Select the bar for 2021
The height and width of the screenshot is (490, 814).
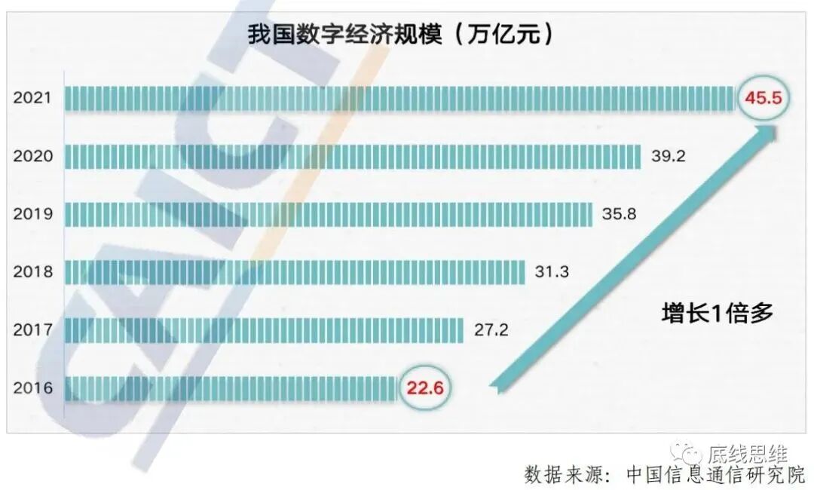point(399,98)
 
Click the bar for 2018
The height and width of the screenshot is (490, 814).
point(295,271)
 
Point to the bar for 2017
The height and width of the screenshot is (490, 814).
point(264,329)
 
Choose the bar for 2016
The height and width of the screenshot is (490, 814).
point(231,387)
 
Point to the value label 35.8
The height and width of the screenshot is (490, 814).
point(620,214)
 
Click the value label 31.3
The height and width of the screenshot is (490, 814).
point(552,271)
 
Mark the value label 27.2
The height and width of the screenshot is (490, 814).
point(491,329)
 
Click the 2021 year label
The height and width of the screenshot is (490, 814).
point(33,98)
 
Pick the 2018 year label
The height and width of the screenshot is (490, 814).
point(33,271)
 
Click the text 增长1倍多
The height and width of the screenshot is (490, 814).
point(717,313)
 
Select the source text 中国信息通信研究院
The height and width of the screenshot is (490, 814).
point(715,475)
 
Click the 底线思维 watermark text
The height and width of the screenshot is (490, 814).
point(747,454)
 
